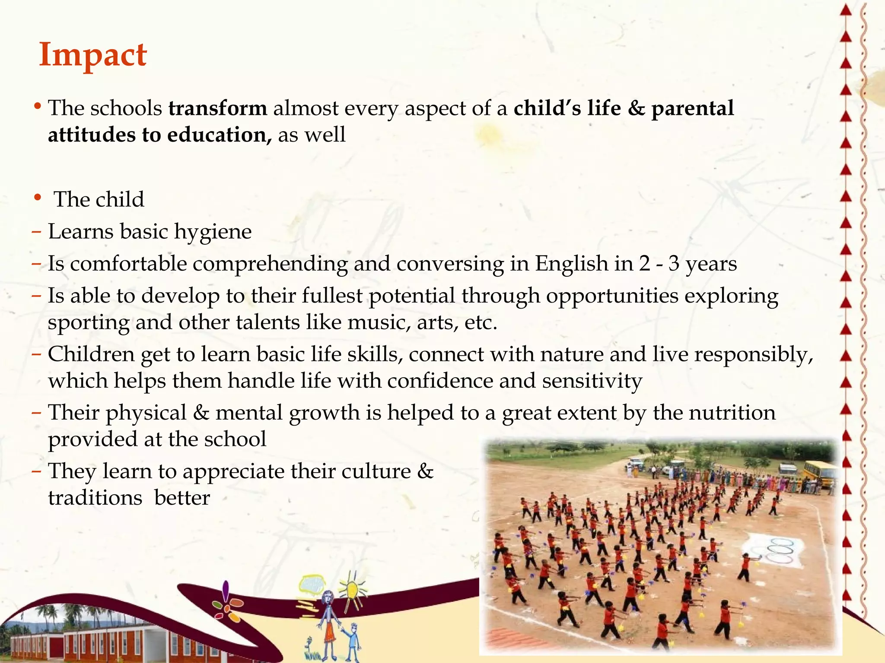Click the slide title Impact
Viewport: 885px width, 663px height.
tap(93, 55)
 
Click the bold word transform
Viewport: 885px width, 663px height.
tap(218, 108)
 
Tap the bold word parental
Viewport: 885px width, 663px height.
tap(692, 108)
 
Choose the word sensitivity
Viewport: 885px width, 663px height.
tap(592, 381)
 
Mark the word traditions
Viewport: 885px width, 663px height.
tap(95, 498)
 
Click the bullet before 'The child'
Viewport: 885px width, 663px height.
tap(38, 198)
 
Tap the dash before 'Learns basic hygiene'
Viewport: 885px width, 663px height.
tap(36, 232)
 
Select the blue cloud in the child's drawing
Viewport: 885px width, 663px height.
tap(312, 585)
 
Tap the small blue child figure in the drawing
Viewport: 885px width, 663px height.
tap(354, 638)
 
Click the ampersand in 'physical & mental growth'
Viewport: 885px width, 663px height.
tap(201, 413)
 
